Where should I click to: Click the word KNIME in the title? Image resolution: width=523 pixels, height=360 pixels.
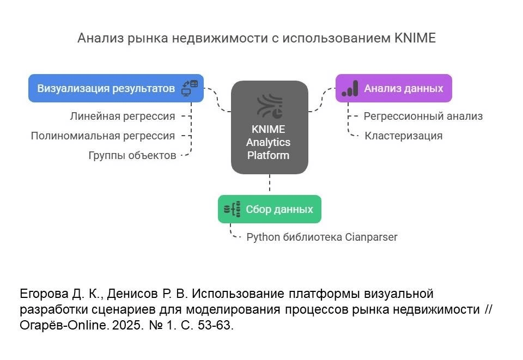tap(415, 38)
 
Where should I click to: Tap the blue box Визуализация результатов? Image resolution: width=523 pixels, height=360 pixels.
tap(116, 88)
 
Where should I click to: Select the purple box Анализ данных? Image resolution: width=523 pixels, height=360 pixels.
tap(393, 88)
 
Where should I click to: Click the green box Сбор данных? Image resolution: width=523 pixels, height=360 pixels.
tap(270, 209)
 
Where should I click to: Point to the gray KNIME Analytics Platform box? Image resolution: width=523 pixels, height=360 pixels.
tap(270, 127)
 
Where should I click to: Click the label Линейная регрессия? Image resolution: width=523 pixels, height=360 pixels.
tap(123, 117)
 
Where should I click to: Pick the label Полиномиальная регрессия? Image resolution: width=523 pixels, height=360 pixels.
tap(103, 136)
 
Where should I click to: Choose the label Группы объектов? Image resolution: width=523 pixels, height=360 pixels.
tap(132, 155)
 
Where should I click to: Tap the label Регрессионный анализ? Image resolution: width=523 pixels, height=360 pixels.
tap(423, 117)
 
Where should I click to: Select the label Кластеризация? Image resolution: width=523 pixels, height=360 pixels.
tap(403, 136)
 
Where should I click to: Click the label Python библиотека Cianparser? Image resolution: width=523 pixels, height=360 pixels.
tap(322, 237)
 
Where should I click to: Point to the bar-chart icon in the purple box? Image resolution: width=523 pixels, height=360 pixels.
tap(350, 88)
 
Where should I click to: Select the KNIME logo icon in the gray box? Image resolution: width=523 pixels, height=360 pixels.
tap(270, 106)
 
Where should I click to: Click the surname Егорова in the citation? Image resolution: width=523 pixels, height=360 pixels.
tap(44, 294)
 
